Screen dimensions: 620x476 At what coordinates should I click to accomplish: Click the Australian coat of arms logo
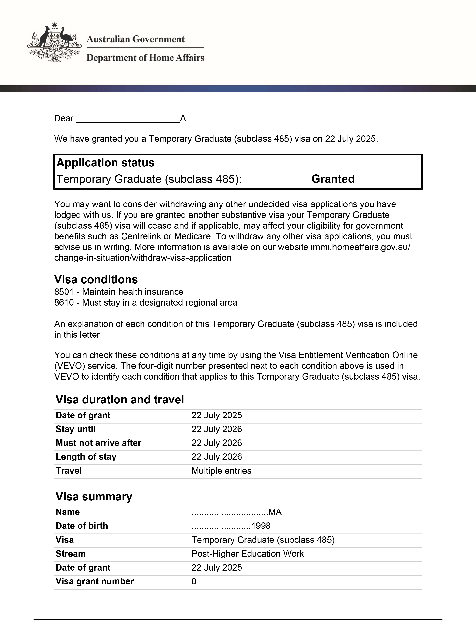(x=54, y=43)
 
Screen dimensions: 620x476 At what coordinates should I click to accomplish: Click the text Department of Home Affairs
(x=145, y=58)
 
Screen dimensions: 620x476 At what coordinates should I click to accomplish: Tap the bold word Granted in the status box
(x=333, y=179)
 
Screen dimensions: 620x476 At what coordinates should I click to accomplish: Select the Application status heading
(x=105, y=163)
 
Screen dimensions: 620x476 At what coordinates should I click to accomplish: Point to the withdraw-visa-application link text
(x=143, y=258)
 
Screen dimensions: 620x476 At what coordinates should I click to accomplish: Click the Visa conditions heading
(x=96, y=279)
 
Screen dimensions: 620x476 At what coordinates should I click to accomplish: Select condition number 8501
(x=64, y=292)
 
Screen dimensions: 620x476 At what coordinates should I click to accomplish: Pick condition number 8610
(x=64, y=302)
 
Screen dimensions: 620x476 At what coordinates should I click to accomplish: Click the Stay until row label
(x=75, y=429)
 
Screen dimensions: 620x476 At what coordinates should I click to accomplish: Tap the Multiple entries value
(x=221, y=471)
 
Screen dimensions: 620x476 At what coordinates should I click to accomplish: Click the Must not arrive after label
(x=98, y=443)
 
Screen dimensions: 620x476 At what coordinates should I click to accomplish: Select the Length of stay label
(x=86, y=457)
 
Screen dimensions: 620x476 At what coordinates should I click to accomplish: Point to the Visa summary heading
(x=94, y=497)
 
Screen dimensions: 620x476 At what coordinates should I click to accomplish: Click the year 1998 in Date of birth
(x=261, y=526)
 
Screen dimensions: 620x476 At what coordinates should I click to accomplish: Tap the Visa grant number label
(x=95, y=581)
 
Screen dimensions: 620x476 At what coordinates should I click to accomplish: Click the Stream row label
(x=71, y=554)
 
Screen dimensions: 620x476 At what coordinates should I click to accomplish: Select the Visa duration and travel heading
(x=120, y=400)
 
